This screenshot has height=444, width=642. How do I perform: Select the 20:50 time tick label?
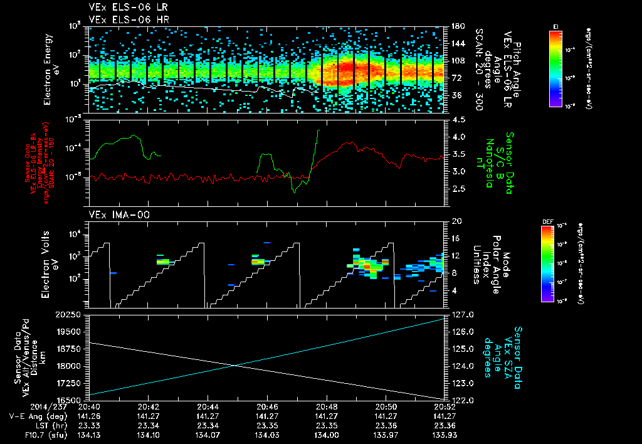[386, 406]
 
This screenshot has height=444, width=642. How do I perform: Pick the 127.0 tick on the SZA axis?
[462, 314]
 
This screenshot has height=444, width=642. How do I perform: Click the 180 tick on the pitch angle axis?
[457, 26]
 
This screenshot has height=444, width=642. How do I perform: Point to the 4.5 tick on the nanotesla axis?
[458, 119]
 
